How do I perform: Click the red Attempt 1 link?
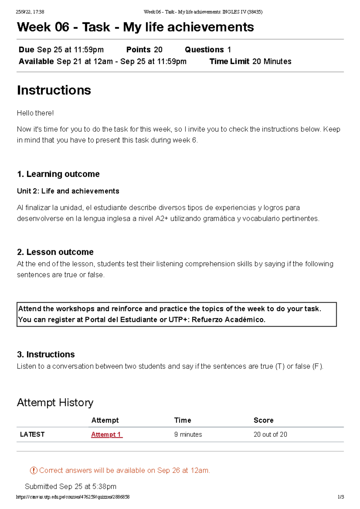(x=106, y=434)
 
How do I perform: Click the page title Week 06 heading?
(x=135, y=27)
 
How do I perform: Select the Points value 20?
(x=158, y=49)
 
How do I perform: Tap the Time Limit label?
(x=229, y=61)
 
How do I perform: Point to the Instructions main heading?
(x=54, y=90)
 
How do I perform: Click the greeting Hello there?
(x=35, y=113)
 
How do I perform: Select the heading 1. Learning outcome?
(x=58, y=174)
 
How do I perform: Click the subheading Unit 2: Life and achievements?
(x=68, y=191)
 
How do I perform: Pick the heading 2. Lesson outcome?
(x=55, y=252)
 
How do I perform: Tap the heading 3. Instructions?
(x=46, y=354)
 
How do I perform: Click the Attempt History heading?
(x=55, y=403)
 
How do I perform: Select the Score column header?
(x=263, y=420)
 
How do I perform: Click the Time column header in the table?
(x=182, y=420)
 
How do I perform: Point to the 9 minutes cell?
(x=188, y=434)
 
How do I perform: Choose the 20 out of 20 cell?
(x=270, y=434)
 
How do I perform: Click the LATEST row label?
(x=32, y=434)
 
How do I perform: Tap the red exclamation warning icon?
(x=34, y=470)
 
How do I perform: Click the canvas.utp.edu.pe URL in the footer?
(x=73, y=497)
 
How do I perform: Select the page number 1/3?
(x=340, y=497)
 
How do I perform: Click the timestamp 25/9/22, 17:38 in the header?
(x=30, y=12)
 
